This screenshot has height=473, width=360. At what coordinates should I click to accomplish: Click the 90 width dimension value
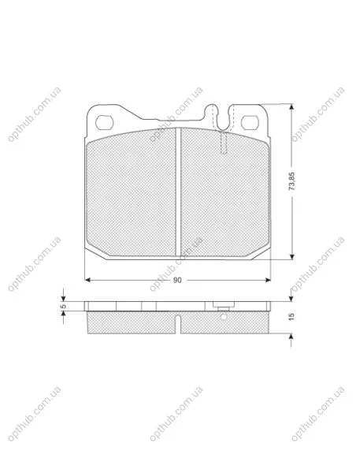[x=177, y=280]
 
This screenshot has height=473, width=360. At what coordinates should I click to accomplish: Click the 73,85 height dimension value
[x=291, y=181]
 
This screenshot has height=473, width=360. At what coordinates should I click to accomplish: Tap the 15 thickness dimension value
[x=291, y=317]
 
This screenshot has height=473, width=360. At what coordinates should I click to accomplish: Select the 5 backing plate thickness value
[x=63, y=306]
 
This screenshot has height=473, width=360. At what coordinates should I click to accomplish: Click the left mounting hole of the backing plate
[x=104, y=122]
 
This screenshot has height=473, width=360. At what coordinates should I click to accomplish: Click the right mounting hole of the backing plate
[x=250, y=122]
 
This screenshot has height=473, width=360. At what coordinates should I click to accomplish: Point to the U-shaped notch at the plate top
[x=223, y=118]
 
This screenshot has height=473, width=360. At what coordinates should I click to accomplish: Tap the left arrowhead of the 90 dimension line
[x=87, y=280]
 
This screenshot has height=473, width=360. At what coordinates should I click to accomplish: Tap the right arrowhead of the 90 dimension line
[x=268, y=280]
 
